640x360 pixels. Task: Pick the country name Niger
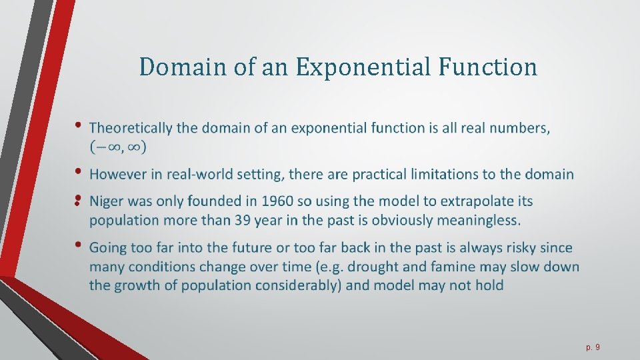105,201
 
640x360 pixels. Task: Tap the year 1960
278,201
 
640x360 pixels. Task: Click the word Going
107,248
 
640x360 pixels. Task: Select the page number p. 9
593,347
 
